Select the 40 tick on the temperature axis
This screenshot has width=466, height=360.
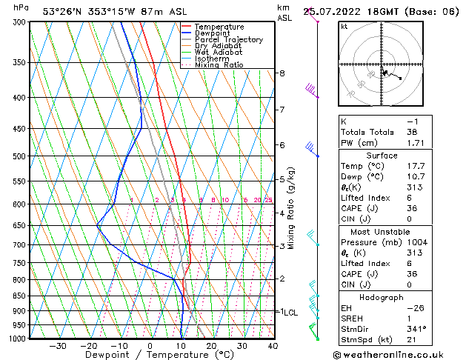pos(273,346)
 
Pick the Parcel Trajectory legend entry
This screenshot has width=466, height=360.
pos(228,40)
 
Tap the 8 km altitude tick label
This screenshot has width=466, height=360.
pos(282,73)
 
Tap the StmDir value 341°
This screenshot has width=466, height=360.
pos(416,329)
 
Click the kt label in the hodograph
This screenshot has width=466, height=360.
pos(344,26)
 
